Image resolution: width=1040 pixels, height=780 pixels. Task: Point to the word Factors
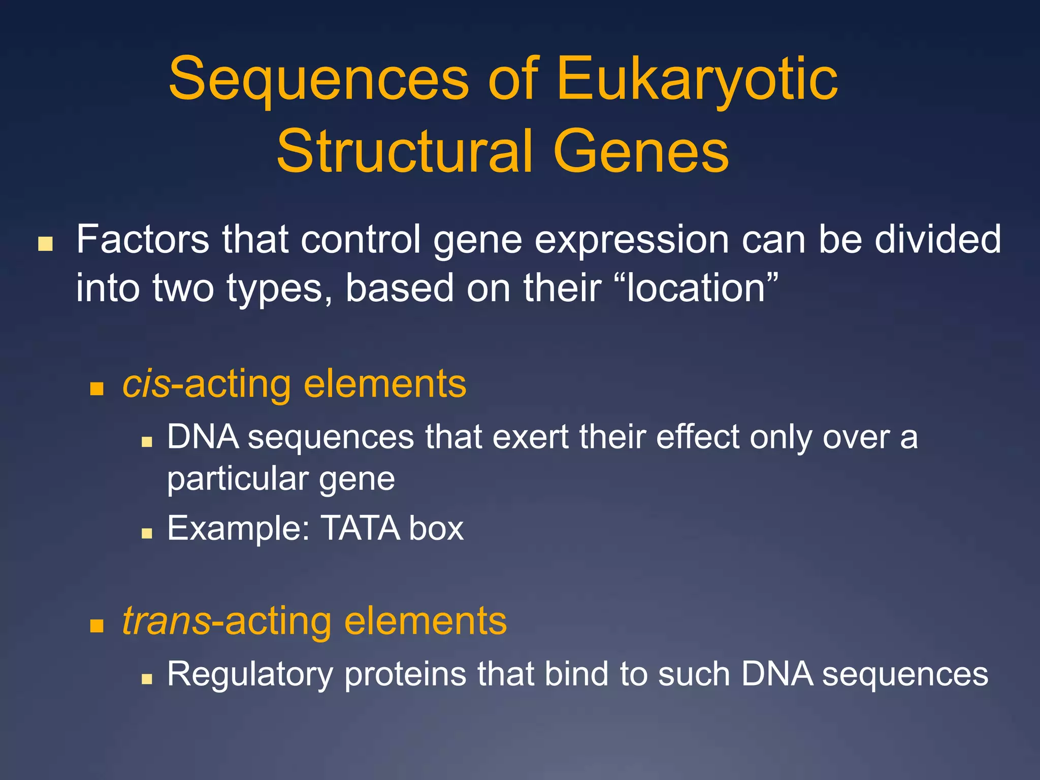pos(142,240)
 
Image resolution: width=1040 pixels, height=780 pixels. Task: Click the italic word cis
pos(146,384)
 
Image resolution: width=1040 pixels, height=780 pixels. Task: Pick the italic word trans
pos(166,621)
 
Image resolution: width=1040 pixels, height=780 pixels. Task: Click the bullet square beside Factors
pos(45,244)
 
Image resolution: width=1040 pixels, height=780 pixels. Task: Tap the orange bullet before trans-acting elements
pos(96,626)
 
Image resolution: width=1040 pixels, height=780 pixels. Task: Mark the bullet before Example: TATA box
pos(147,533)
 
